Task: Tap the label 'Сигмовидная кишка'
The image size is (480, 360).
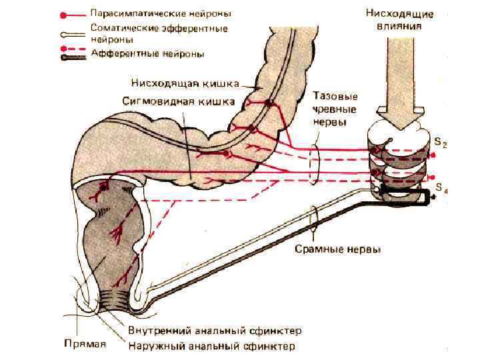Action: [x=179, y=102]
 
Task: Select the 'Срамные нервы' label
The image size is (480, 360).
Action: [x=338, y=249]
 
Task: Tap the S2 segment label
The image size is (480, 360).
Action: [x=441, y=141]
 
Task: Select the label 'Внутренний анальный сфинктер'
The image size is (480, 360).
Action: [x=215, y=331]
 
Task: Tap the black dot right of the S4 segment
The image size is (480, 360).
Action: [x=434, y=199]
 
